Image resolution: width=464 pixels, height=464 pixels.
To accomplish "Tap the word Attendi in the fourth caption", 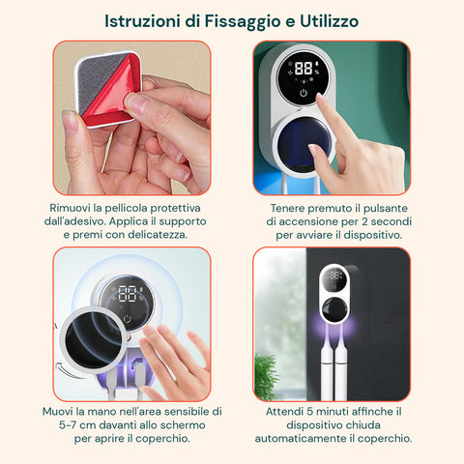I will pyautogui.click(x=293, y=410).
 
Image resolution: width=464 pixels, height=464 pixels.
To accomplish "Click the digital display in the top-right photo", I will pyautogui.click(x=306, y=71).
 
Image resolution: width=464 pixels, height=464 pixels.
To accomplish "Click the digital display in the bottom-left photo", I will pyautogui.click(x=127, y=294).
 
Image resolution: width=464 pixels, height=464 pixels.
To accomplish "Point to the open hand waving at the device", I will pyautogui.click(x=179, y=362).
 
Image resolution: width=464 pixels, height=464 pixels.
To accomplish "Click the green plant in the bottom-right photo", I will pyautogui.click(x=268, y=377).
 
